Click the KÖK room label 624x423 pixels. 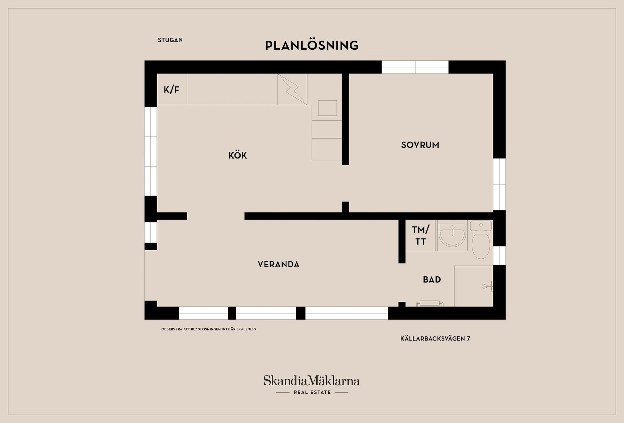[238, 155]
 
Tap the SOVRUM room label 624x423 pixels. [420, 145]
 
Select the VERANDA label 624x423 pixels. [279, 264]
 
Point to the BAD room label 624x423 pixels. [432, 279]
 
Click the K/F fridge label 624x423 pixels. [171, 89]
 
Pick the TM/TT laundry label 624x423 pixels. [421, 236]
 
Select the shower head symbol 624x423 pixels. [487, 286]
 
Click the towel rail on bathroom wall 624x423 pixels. [430, 304]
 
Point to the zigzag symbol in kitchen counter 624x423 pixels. [292, 89]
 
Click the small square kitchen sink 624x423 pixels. [327, 108]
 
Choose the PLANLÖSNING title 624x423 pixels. [312, 45]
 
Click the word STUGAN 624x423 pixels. [170, 40]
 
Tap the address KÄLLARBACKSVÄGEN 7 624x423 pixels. [435, 339]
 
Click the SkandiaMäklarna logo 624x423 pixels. [312, 381]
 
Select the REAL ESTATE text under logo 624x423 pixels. [312, 392]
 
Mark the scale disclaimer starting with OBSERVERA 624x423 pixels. [209, 329]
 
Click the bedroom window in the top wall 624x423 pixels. [415, 67]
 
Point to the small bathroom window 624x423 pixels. [499, 255]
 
